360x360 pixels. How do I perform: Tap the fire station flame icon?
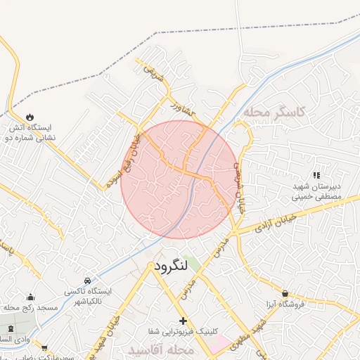[x=30, y=117]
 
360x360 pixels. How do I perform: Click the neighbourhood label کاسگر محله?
[x=275, y=112]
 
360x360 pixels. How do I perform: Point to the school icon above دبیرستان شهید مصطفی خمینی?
[x=316, y=174]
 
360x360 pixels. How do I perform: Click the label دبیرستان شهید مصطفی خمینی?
[x=316, y=193]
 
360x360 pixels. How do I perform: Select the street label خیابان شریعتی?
[x=238, y=181]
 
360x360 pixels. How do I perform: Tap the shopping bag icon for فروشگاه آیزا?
[x=285, y=293]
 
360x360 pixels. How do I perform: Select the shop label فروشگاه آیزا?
[x=285, y=306]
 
